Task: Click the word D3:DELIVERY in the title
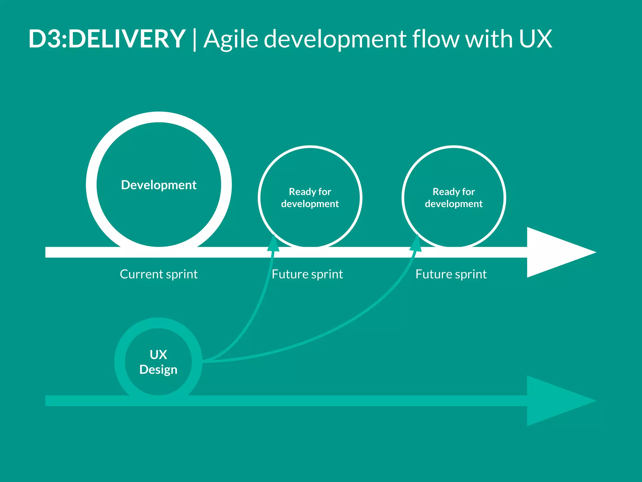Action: (x=107, y=39)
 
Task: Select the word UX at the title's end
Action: (x=535, y=39)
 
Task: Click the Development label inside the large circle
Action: (x=159, y=185)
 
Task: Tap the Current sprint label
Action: (x=159, y=274)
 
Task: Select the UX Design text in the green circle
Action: (x=158, y=362)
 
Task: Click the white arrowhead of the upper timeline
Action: (x=555, y=252)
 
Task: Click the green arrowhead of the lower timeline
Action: (x=555, y=401)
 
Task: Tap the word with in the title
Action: (x=489, y=39)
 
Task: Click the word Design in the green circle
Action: (x=158, y=370)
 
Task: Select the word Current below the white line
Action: (x=141, y=274)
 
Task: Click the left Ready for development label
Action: (x=310, y=198)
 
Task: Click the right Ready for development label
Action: (x=453, y=198)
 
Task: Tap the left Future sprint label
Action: (x=307, y=274)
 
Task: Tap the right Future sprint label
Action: (x=451, y=274)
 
